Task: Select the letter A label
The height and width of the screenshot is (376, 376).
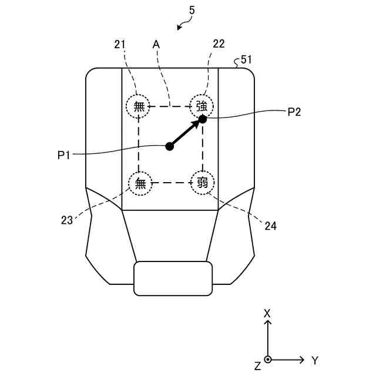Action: (156, 44)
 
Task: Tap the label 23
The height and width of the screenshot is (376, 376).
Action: (68, 220)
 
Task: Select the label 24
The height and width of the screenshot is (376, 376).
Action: (270, 225)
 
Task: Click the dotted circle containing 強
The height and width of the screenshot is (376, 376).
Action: (202, 106)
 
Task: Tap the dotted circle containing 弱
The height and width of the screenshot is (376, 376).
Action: (202, 183)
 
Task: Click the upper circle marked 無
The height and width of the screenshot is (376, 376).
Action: (139, 106)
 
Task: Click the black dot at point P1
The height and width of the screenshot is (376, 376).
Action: (170, 146)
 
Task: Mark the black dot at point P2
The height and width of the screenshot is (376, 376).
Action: (203, 119)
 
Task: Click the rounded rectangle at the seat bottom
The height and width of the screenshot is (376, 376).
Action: (173, 278)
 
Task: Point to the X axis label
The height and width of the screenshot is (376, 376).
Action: (267, 313)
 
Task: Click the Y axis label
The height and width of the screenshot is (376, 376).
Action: (315, 360)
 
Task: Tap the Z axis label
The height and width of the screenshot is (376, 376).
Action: (257, 366)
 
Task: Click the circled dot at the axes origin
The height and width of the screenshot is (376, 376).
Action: (268, 359)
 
